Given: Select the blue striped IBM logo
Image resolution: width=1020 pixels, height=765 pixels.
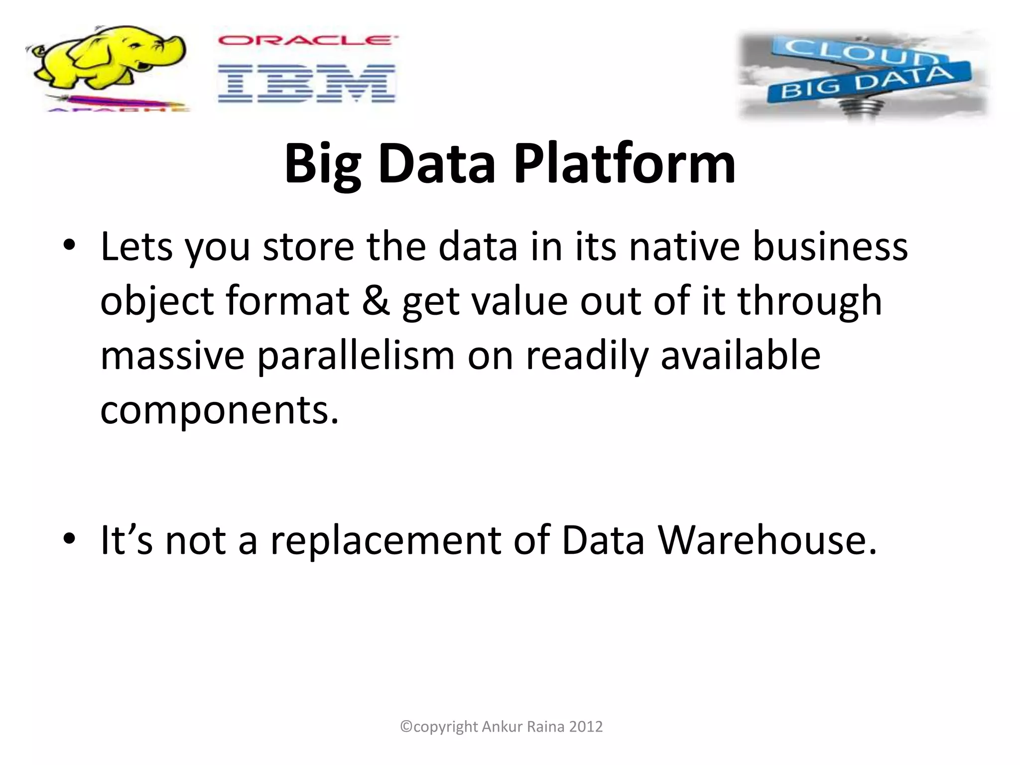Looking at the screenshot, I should point(307,83).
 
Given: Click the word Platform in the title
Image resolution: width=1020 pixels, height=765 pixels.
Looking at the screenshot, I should point(625,163).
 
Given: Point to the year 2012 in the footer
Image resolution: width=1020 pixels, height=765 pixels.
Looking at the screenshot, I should point(586,727).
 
